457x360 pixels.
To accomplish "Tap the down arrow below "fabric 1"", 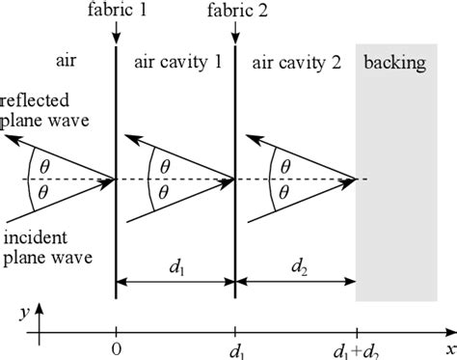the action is tap(116, 34).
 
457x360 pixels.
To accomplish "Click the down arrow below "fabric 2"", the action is tap(236, 34).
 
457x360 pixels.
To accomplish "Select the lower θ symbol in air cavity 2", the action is tap(283, 192).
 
